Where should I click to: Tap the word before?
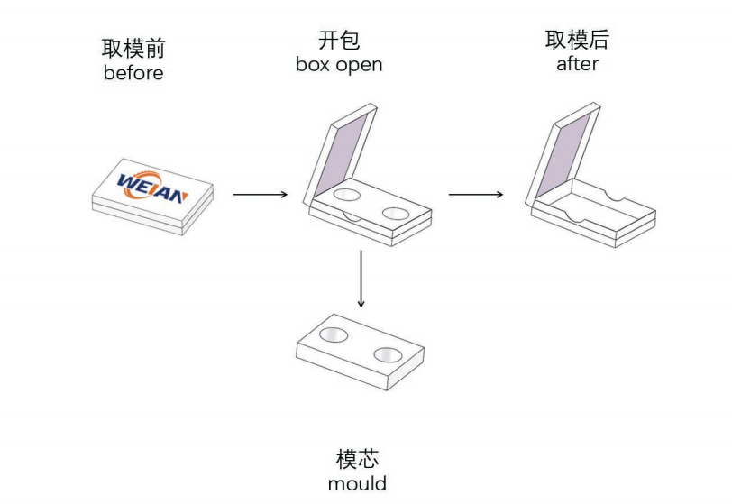tap(133, 73)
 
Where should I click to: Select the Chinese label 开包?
tap(338, 41)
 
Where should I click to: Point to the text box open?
tap(338, 65)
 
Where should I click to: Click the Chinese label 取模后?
tap(577, 41)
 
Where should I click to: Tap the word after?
tap(577, 65)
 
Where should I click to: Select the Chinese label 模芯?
tap(357, 460)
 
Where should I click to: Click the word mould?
tap(357, 483)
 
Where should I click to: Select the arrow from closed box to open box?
tap(260, 194)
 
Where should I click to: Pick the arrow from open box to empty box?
tap(476, 194)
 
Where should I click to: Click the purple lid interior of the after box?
tap(569, 150)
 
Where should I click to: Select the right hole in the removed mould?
tap(390, 353)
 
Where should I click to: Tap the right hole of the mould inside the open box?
tap(395, 213)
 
